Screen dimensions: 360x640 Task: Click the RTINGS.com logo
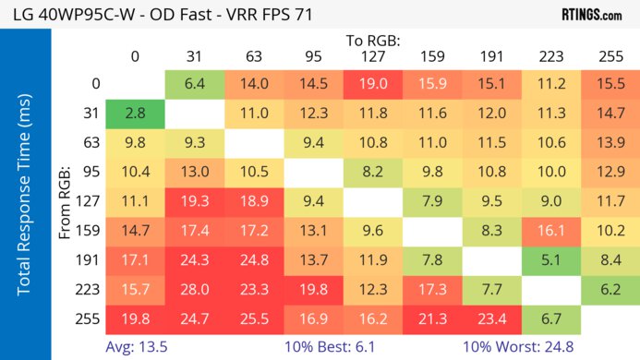[591, 15]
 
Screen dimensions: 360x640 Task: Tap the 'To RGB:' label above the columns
[375, 41]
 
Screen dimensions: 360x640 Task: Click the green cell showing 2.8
[135, 114]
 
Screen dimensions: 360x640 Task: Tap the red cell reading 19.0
[375, 84]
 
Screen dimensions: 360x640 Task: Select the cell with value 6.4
[195, 84]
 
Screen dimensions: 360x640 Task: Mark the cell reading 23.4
[493, 321]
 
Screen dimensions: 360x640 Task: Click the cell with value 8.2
[375, 173]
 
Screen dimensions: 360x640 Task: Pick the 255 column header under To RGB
[611, 56]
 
